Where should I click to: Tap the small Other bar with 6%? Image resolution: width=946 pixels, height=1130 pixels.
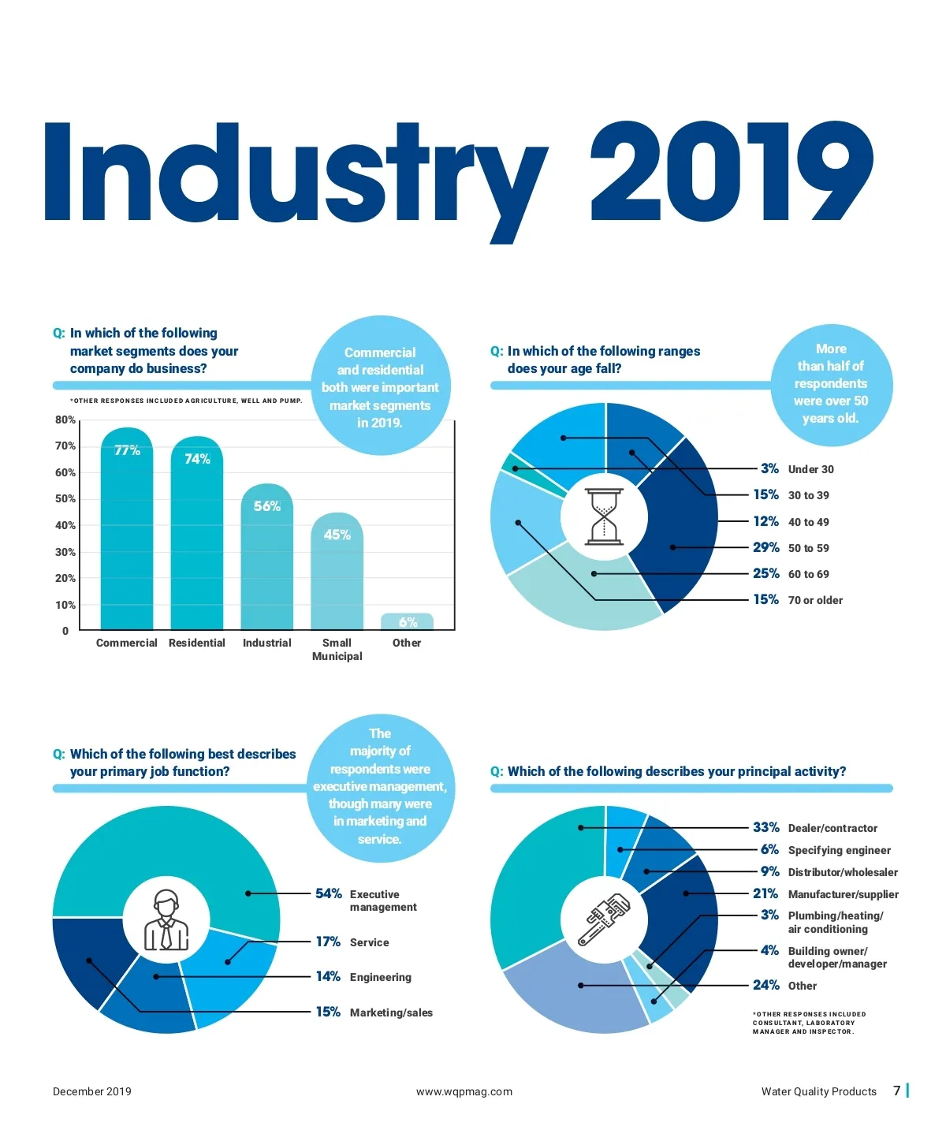pos(407,621)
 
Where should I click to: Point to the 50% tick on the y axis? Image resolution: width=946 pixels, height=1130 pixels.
pos(65,499)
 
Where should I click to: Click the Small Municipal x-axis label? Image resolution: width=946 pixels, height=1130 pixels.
pos(337,649)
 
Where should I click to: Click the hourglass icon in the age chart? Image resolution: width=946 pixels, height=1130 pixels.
pos(604,517)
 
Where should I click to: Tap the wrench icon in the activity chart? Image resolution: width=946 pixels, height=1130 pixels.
pos(604,919)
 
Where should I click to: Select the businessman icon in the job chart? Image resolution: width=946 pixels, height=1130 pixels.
pos(166,920)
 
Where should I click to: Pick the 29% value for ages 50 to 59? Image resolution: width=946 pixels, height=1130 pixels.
pos(765,547)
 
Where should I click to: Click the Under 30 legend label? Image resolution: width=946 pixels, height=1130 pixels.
pos(810,469)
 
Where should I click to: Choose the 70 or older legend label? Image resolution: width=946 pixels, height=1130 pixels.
pos(815,600)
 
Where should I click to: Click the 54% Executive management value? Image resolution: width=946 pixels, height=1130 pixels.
pos(328,893)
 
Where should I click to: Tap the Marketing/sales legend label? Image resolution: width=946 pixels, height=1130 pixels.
pos(391,1013)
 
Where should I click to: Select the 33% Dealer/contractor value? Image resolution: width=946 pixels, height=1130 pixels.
pos(765,827)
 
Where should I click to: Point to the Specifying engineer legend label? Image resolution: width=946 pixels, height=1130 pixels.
pos(839,850)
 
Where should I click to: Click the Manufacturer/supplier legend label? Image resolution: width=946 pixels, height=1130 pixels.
pos(843,894)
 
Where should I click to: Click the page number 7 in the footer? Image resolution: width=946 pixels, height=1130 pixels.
pos(896,1091)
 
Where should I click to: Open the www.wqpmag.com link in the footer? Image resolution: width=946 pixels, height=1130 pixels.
pos(464,1091)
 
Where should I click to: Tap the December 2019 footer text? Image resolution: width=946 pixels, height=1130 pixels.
pos(92,1091)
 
